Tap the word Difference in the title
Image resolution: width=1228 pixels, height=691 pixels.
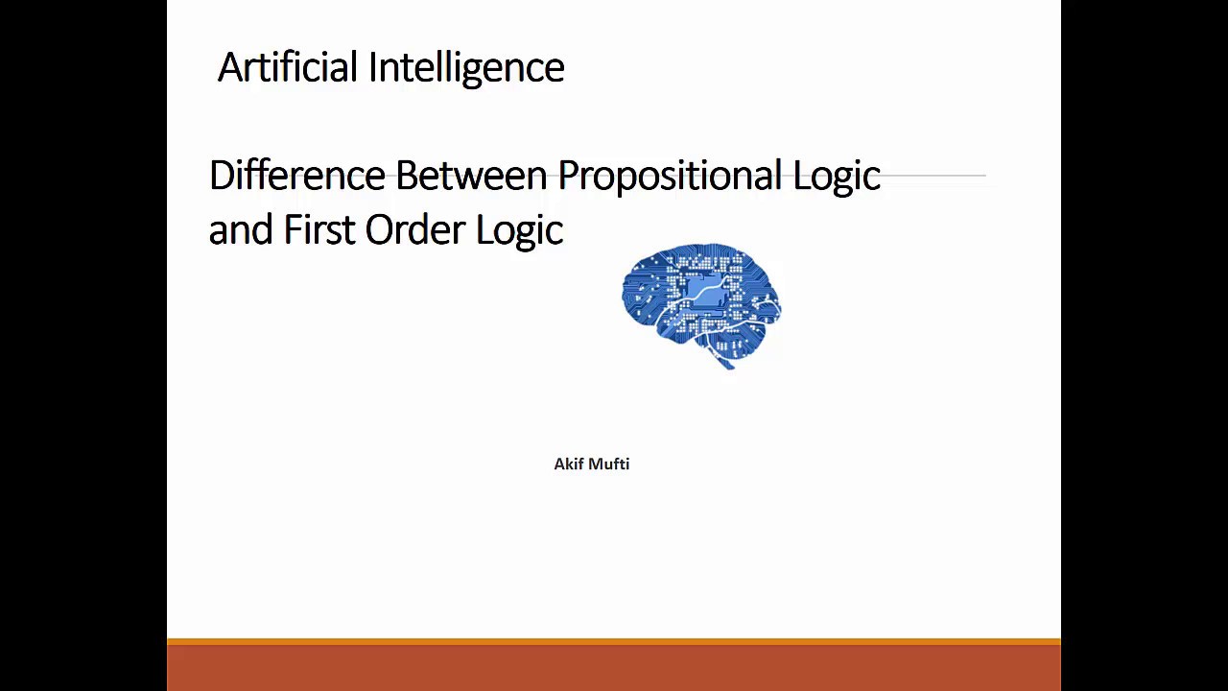point(297,176)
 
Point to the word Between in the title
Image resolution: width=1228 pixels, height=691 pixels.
point(471,176)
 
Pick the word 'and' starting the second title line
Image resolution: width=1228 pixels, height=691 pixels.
point(240,230)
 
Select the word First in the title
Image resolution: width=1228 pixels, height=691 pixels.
point(319,230)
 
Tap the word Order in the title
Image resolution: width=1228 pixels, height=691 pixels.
point(414,230)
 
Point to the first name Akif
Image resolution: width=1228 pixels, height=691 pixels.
point(569,464)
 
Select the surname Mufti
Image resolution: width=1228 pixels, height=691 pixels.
point(609,464)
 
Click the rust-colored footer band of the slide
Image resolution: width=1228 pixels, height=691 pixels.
point(614,667)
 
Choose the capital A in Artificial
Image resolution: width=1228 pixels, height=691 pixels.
point(229,67)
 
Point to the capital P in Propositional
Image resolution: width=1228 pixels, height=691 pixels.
point(568,176)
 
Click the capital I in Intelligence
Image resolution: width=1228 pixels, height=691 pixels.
point(373,67)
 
